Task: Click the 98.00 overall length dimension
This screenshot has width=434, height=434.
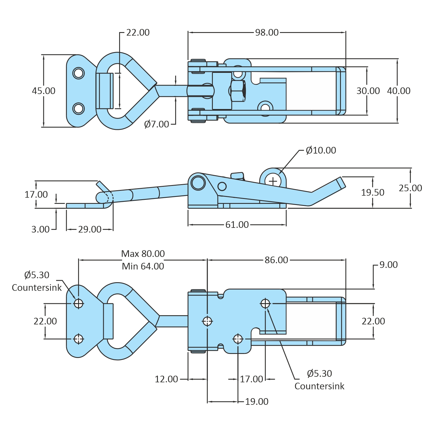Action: click(267, 32)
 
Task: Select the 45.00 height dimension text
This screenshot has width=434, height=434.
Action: click(43, 91)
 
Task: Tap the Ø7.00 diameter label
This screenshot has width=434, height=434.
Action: click(156, 124)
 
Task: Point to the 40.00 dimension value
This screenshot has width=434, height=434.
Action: click(399, 91)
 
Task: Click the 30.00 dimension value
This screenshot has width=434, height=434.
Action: click(368, 91)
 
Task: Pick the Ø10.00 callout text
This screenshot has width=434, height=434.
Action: click(321, 150)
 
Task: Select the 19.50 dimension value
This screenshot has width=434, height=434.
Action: click(372, 193)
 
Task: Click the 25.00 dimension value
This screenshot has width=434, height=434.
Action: click(410, 188)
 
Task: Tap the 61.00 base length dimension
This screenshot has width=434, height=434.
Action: click(237, 225)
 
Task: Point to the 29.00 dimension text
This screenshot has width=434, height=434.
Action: click(90, 229)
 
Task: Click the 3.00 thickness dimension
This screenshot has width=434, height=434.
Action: click(40, 229)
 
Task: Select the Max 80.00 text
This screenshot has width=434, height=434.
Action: click(143, 254)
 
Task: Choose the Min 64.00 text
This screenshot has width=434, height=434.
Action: click(143, 266)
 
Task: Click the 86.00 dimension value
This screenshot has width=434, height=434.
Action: click(276, 260)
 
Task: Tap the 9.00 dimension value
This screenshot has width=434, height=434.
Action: click(388, 265)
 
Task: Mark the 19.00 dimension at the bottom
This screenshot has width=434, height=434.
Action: click(256, 402)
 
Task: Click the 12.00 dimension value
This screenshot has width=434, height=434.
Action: click(166, 379)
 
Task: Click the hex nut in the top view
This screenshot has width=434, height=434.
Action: click(238, 91)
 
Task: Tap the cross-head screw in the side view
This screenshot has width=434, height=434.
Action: click(273, 181)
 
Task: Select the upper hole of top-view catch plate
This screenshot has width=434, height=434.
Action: click(78, 73)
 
